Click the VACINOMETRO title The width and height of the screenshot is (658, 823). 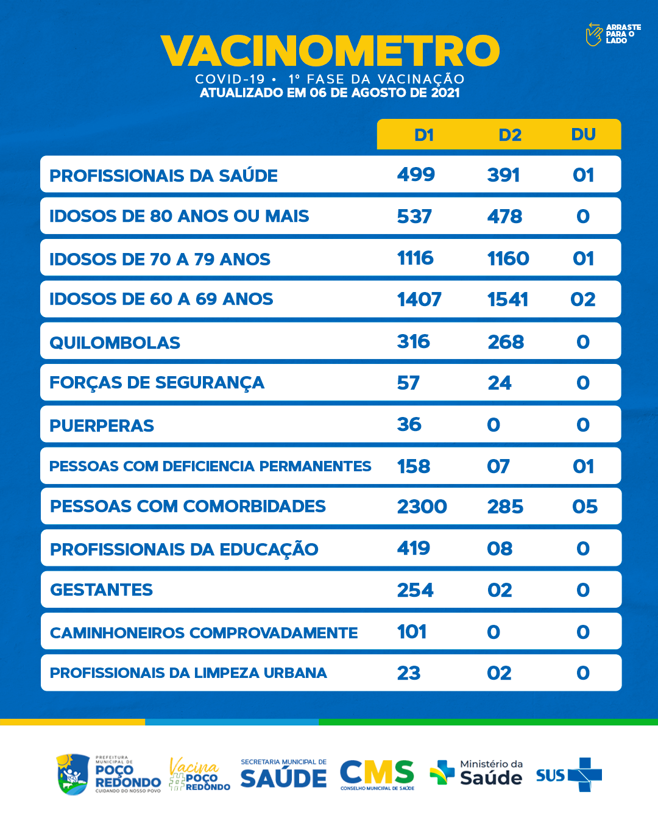click(330, 51)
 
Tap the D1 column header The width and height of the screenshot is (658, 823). click(424, 135)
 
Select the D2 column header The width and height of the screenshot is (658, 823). click(510, 135)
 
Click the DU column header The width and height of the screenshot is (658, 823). click(583, 135)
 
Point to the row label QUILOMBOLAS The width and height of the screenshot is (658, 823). click(115, 343)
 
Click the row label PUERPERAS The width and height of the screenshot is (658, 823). click(102, 426)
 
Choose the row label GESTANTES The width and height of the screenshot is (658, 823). click(102, 590)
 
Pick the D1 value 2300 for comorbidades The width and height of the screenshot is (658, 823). click(422, 507)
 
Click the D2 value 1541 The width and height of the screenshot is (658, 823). click(508, 299)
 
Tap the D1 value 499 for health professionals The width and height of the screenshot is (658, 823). click(416, 175)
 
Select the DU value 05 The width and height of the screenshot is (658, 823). click(585, 507)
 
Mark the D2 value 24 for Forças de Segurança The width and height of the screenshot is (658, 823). click(500, 383)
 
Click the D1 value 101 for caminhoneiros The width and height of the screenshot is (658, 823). click(412, 632)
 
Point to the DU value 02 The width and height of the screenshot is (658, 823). click(583, 299)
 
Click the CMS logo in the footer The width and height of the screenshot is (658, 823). click(377, 774)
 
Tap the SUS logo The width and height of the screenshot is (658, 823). click(569, 775)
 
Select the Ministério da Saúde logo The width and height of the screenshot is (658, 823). click(476, 773)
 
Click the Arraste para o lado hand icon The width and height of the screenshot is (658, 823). click(593, 34)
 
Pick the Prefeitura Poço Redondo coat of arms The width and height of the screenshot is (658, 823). click(73, 774)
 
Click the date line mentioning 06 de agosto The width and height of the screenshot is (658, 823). click(330, 93)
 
